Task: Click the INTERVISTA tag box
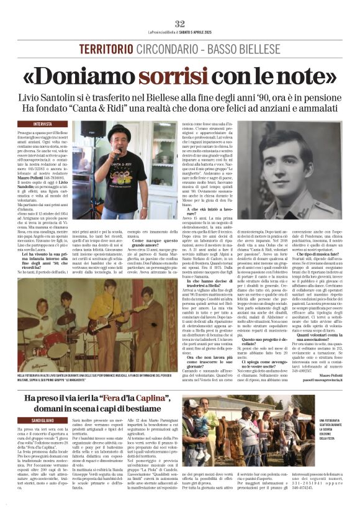pyautogui.click(x=43, y=124)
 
